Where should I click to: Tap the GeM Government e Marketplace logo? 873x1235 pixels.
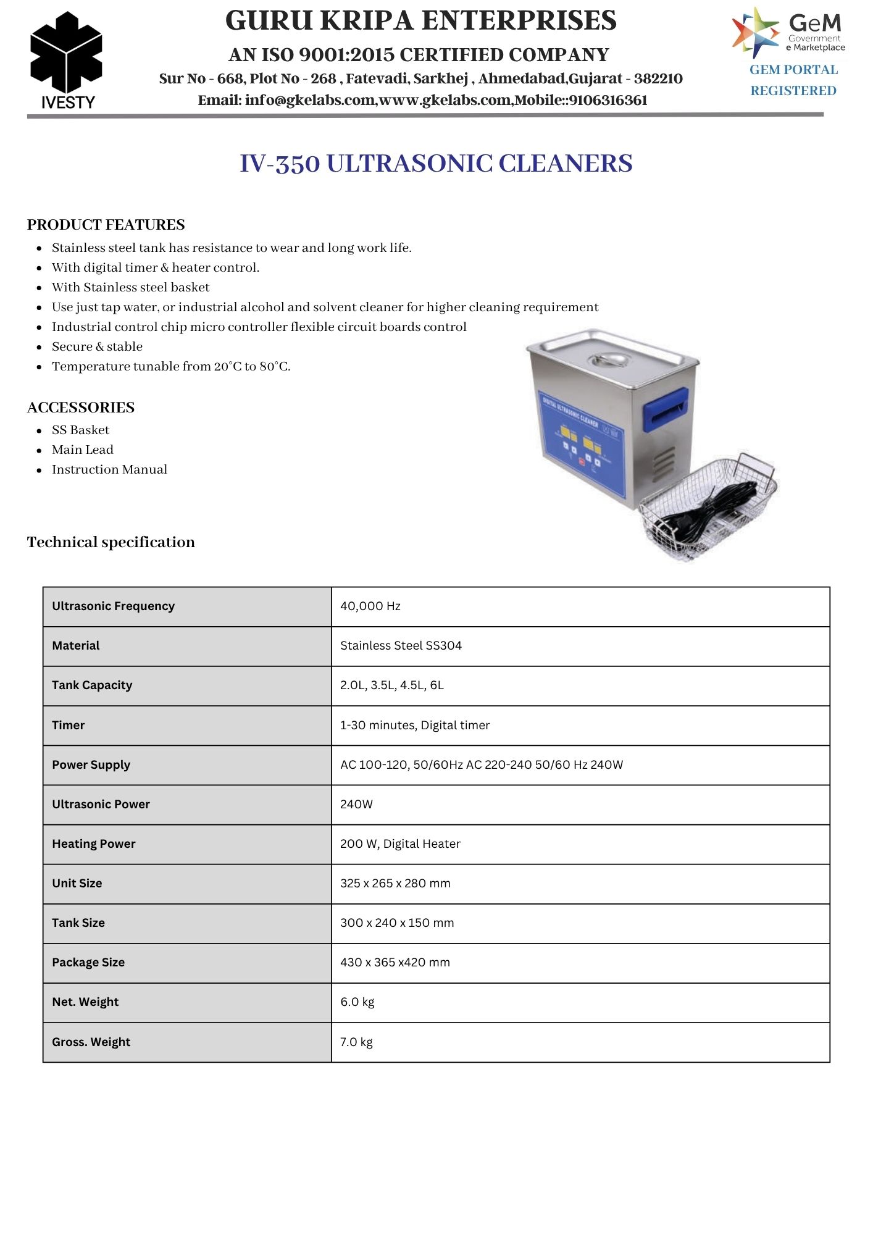(788, 32)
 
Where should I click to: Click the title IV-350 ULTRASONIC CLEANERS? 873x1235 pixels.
(436, 164)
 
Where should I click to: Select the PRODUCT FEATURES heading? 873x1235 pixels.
(106, 225)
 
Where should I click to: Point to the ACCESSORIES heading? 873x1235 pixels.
(81, 408)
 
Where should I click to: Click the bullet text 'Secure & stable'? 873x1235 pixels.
(97, 346)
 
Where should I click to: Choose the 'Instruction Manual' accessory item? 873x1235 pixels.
(109, 469)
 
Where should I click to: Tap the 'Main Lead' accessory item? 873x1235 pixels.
(83, 450)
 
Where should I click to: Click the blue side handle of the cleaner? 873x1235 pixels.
(666, 409)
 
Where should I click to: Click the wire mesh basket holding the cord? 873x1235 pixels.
(708, 508)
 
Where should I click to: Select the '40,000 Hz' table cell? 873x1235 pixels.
(370, 606)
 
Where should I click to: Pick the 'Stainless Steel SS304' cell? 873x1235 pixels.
(401, 646)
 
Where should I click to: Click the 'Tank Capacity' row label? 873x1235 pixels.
(92, 685)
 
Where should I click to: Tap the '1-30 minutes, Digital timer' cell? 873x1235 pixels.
(415, 726)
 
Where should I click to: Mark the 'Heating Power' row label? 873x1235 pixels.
(94, 844)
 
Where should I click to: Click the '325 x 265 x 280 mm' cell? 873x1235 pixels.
(395, 884)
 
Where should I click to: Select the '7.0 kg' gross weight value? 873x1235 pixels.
(356, 1042)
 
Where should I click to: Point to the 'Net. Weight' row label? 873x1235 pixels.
(85, 1002)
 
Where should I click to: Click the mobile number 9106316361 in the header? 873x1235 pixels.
(608, 101)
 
